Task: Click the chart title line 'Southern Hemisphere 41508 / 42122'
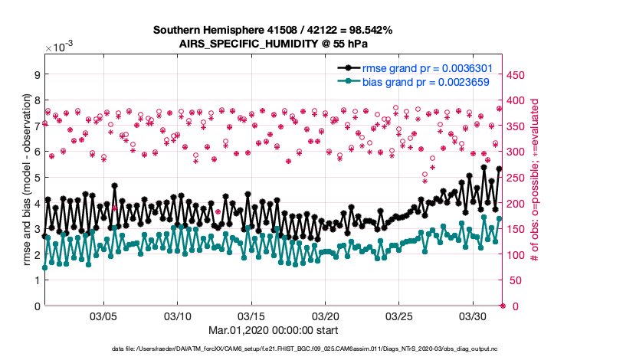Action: click(x=274, y=31)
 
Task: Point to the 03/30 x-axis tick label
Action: click(x=473, y=316)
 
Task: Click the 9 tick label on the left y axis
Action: click(x=36, y=74)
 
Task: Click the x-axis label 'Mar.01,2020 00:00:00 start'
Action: click(x=274, y=331)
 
